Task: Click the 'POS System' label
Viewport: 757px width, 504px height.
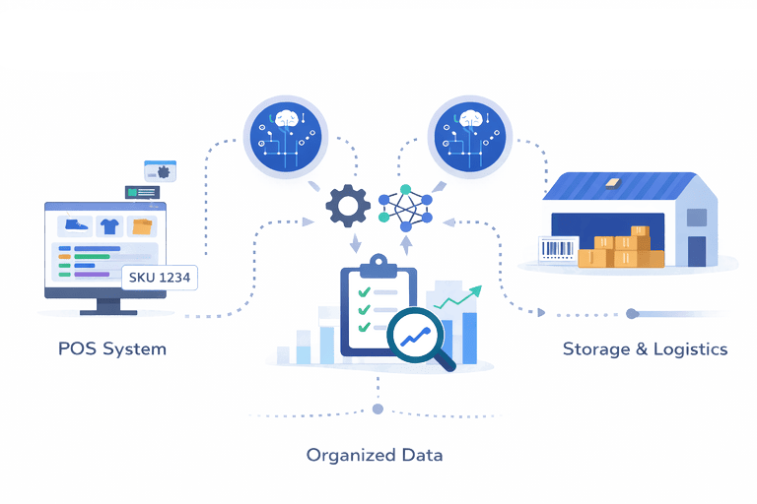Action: [x=111, y=348]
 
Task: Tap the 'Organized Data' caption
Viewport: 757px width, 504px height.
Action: [x=374, y=455]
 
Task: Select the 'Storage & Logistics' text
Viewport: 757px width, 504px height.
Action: [x=645, y=348]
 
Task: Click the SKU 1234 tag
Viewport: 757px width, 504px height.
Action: [x=159, y=277]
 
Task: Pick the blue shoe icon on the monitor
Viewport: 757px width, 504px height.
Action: [x=76, y=225]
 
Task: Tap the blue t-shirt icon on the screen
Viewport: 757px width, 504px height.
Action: [x=109, y=225]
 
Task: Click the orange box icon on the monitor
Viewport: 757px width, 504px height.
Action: [x=143, y=226]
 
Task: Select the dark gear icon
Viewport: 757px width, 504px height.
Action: [x=346, y=206]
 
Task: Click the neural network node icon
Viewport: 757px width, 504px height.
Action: [x=405, y=207]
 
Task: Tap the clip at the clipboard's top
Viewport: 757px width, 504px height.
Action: [x=378, y=264]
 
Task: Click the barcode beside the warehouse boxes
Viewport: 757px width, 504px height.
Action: [x=557, y=249]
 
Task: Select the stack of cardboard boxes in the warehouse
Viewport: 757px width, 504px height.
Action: [x=621, y=248]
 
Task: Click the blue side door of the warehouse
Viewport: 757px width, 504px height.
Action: [x=697, y=249]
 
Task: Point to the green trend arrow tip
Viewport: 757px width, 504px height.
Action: [x=480, y=288]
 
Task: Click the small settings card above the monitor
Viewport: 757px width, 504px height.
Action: [x=160, y=171]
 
